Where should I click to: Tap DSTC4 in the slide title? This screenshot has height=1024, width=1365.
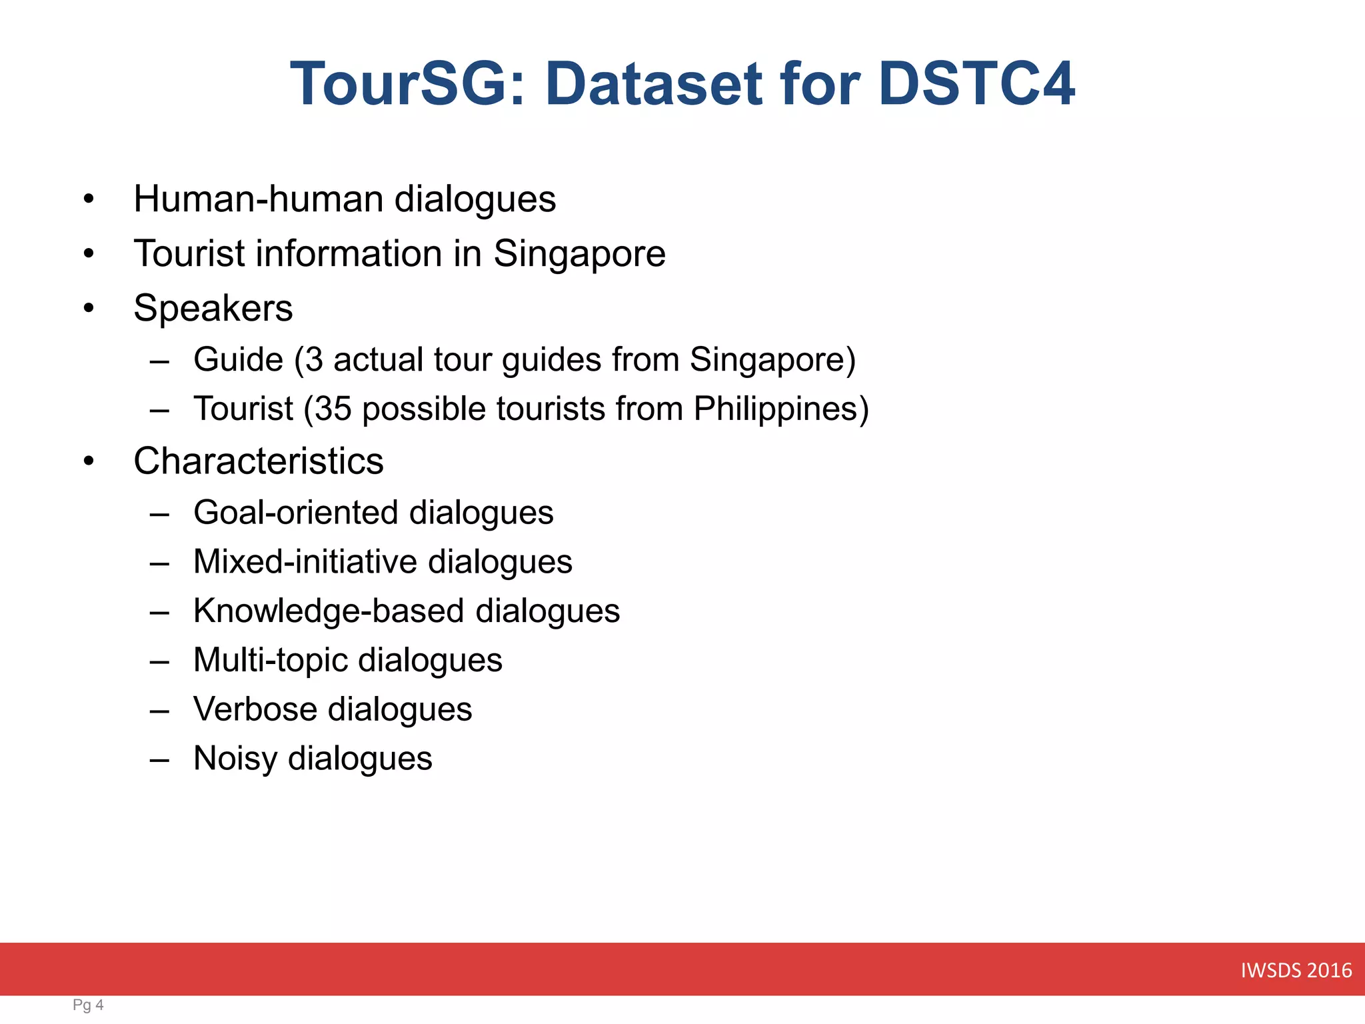click(976, 84)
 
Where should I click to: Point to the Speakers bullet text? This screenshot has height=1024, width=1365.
click(213, 308)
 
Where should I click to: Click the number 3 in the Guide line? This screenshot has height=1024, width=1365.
click(314, 360)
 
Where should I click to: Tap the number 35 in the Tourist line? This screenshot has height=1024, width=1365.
click(333, 409)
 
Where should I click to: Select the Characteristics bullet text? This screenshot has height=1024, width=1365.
click(258, 461)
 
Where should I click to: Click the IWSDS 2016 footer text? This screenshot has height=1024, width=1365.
click(1296, 970)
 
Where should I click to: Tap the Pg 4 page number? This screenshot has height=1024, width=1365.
click(88, 1005)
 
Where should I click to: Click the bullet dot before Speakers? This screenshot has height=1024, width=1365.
click(89, 309)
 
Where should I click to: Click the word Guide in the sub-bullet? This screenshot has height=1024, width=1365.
click(238, 360)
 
